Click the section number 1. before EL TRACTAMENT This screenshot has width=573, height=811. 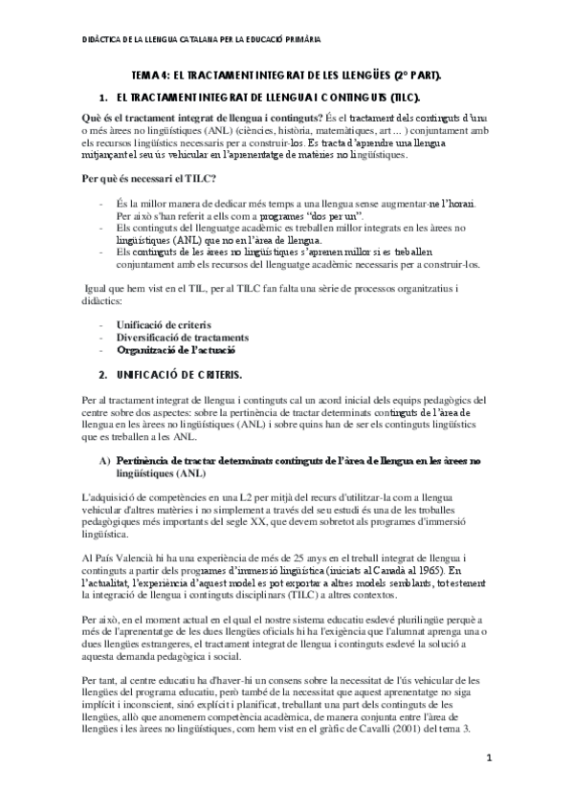click(104, 98)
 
